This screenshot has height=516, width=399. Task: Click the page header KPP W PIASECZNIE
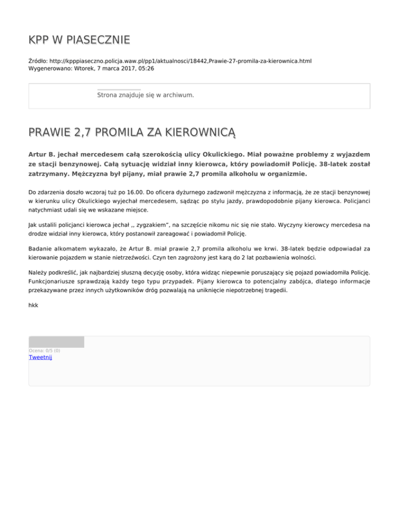click(x=79, y=40)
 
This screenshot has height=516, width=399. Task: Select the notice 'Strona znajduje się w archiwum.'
click(x=145, y=96)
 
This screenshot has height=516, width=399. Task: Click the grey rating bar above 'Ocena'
click(x=56, y=342)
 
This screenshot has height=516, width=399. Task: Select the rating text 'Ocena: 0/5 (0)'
click(x=44, y=350)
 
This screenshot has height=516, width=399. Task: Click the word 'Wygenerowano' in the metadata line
click(x=50, y=68)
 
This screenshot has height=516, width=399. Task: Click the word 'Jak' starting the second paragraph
click(x=33, y=226)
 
